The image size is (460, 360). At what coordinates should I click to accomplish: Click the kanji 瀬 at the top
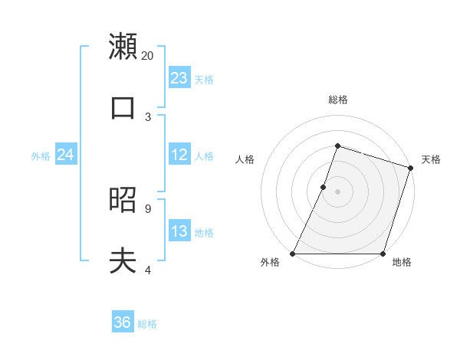(123, 46)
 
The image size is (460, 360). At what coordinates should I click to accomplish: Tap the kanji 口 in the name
(123, 107)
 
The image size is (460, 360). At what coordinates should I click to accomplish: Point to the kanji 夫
(123, 261)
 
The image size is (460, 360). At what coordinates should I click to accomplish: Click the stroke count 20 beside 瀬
(148, 55)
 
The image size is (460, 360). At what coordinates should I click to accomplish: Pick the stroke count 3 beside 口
(148, 116)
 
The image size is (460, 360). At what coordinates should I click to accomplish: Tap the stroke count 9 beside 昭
(148, 208)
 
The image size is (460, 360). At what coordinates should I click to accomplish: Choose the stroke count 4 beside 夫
(148, 270)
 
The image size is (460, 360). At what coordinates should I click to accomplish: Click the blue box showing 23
(179, 78)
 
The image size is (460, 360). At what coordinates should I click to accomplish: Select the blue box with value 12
(179, 155)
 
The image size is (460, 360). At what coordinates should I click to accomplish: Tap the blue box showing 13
(179, 231)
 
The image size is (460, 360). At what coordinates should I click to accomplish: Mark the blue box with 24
(65, 155)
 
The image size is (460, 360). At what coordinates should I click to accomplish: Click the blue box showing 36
(123, 322)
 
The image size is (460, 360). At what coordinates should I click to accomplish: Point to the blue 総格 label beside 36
(147, 324)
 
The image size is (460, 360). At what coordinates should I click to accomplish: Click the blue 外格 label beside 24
(41, 156)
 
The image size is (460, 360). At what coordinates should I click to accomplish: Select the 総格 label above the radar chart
(338, 100)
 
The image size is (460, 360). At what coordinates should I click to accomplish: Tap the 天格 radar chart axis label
(431, 159)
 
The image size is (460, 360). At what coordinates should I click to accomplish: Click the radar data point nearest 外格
(293, 254)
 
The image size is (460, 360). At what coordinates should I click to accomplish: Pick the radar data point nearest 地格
(383, 254)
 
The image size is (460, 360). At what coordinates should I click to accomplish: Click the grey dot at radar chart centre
(337, 191)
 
